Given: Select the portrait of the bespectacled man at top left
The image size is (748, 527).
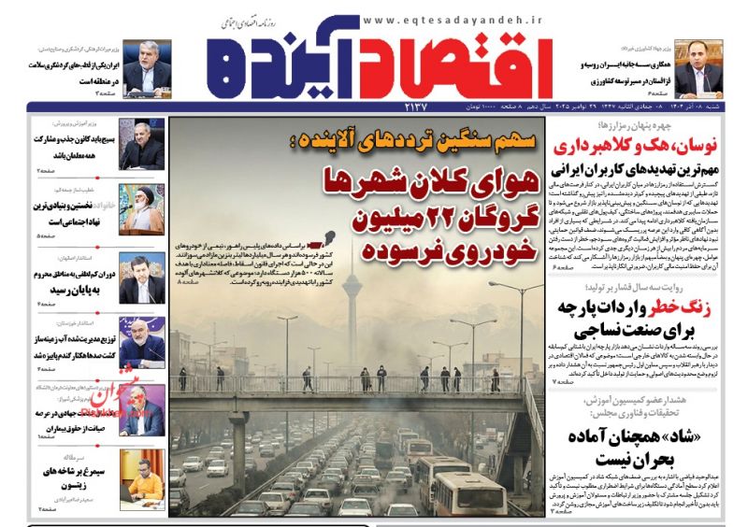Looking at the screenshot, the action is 147,68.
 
